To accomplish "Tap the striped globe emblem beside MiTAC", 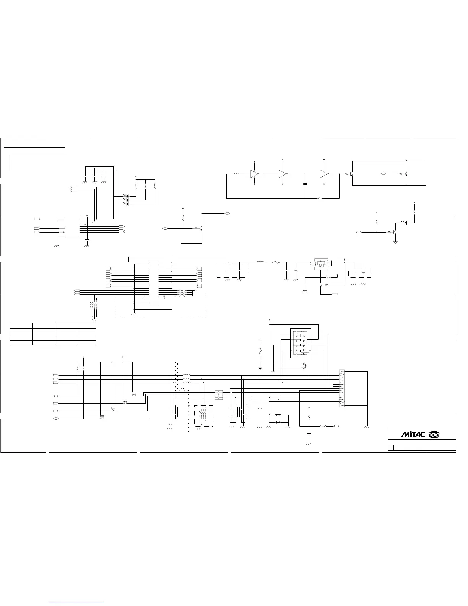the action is pos(434,434).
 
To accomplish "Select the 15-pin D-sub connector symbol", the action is pos(341,388).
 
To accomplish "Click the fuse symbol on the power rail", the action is pos(275,262).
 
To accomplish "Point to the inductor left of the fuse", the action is pos(260,262).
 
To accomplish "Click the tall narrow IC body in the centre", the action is pos(154,283).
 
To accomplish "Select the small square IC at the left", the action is pos(72,228).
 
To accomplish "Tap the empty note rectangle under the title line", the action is pos(40,162).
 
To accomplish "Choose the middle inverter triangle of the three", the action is pos(283,174).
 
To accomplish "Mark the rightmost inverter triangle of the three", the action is pos(324,174).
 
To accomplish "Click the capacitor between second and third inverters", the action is pos(305,184).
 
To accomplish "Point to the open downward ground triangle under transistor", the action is pos(395,242).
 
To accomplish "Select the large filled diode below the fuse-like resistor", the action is pos(260,369).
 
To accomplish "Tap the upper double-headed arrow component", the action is pos(278,415).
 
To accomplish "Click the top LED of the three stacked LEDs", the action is pos(125,196).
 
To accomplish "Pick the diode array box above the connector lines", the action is pos(301,343).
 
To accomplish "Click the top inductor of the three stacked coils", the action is pos(187,375).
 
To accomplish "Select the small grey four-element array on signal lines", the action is pos(218,395).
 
